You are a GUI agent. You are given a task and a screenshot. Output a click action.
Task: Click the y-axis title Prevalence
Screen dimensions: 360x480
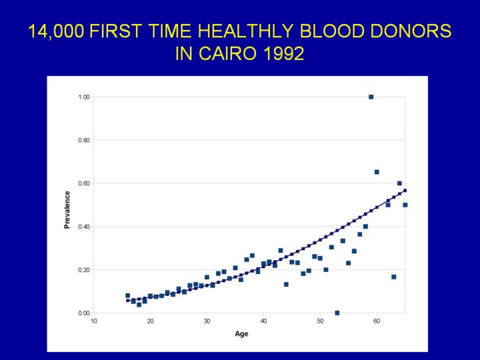[67, 210]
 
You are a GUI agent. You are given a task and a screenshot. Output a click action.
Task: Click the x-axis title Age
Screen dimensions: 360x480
[241, 333]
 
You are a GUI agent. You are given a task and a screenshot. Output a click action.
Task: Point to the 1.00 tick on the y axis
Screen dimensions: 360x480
[83, 97]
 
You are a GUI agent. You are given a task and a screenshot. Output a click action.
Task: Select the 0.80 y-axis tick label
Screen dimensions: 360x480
[83, 141]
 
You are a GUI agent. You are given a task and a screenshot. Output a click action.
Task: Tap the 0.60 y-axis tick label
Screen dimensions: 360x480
[83, 183]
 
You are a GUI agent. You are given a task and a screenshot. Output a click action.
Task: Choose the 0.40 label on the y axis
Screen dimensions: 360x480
[83, 227]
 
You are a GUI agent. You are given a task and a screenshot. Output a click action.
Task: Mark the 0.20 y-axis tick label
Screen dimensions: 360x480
[83, 270]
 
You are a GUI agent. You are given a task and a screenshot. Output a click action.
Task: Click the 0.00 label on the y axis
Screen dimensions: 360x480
[83, 313]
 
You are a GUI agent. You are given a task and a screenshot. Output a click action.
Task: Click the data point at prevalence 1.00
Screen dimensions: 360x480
[371, 97]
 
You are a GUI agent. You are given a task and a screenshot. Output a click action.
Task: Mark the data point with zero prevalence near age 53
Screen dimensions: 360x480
[337, 313]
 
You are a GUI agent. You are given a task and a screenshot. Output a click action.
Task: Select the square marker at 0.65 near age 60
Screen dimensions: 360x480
[377, 172]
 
